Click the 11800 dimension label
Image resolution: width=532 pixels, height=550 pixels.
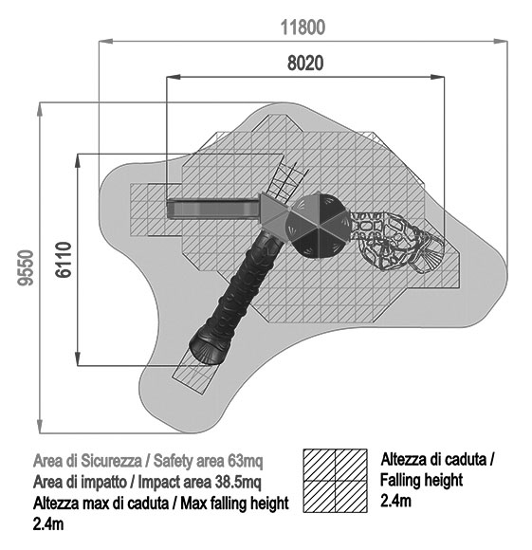(303, 27)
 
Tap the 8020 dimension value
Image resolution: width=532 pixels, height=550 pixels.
(305, 64)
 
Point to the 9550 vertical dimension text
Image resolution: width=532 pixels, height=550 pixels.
(26, 267)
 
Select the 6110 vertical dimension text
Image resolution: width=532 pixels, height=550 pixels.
(64, 260)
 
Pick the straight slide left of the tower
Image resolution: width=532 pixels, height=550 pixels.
(213, 209)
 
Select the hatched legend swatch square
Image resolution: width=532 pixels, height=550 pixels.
(335, 481)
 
